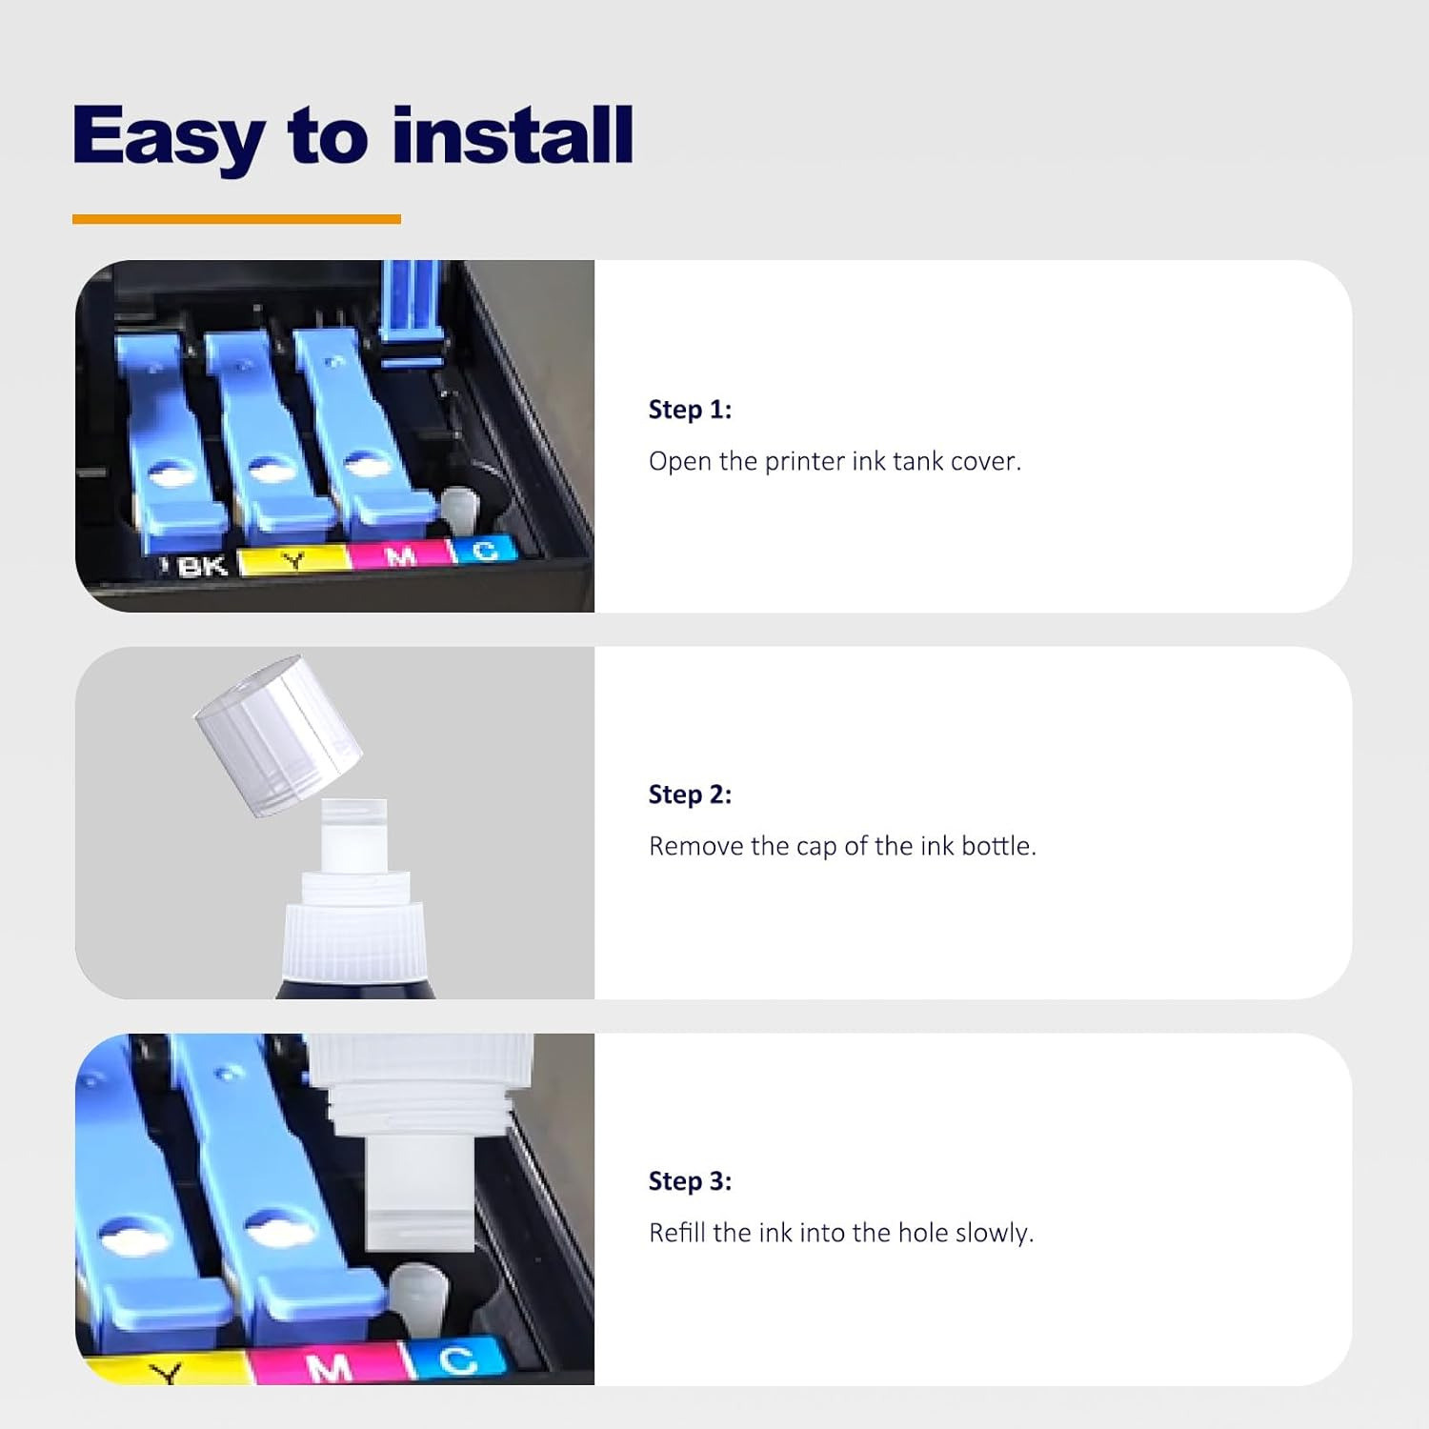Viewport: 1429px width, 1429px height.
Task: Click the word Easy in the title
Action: (x=168, y=137)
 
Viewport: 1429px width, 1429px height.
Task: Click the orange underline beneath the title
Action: (x=236, y=219)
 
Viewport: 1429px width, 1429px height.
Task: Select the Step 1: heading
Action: (x=690, y=410)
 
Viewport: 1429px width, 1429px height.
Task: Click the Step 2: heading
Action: (x=690, y=795)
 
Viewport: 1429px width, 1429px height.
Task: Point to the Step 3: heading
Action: (x=690, y=1181)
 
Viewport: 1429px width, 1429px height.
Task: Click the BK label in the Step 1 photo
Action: (x=202, y=567)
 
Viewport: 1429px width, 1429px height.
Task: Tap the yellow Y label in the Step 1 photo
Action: (x=294, y=560)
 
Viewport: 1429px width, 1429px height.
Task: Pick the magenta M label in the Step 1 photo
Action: (x=400, y=554)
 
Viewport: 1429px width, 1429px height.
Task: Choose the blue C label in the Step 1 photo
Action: (x=484, y=550)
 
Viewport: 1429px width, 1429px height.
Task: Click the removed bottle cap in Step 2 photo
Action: (x=278, y=735)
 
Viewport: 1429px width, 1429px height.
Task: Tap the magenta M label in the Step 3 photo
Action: (x=329, y=1366)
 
